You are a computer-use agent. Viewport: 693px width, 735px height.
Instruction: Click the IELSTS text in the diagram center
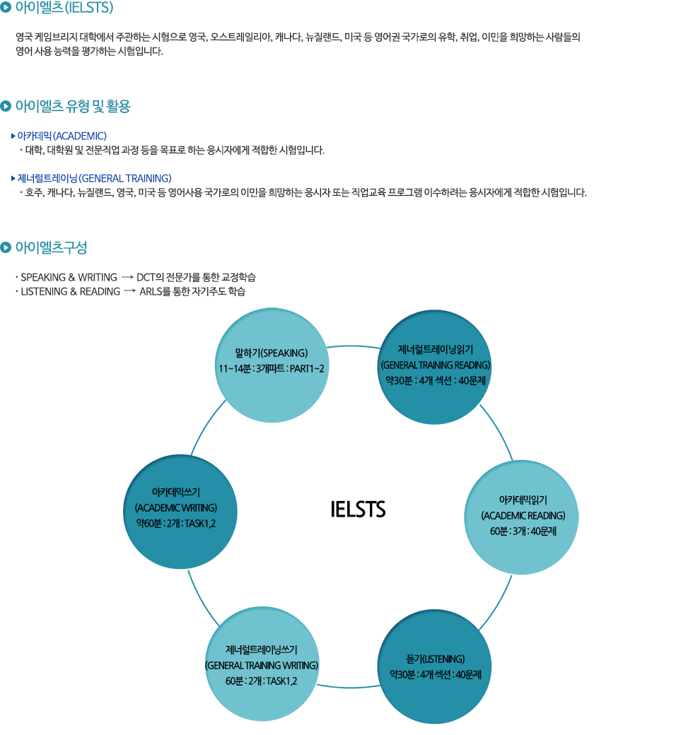(358, 509)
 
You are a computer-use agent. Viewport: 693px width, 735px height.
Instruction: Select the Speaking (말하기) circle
(272, 365)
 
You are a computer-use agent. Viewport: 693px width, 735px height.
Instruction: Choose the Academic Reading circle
(523, 517)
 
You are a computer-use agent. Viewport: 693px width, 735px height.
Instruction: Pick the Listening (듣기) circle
(435, 666)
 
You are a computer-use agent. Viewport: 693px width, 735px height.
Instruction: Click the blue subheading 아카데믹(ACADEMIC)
(62, 136)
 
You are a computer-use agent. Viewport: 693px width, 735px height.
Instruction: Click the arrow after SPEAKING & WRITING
(127, 276)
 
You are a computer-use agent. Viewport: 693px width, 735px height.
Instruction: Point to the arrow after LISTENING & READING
(129, 290)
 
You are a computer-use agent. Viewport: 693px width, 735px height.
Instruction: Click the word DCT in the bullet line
(145, 277)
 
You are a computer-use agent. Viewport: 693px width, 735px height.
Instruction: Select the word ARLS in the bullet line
(151, 291)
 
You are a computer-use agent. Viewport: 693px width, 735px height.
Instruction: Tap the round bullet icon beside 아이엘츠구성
(6, 247)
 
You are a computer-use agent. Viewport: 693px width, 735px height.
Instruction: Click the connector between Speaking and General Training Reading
(354, 347)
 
